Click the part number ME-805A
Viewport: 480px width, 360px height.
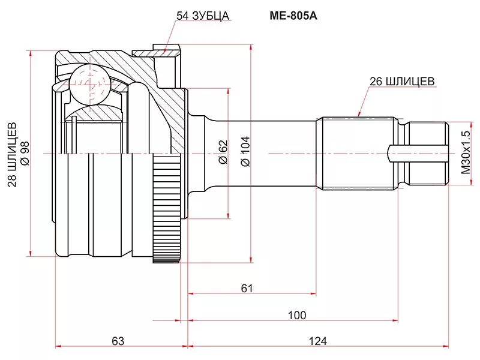289,16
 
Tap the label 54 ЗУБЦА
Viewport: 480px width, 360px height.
203,16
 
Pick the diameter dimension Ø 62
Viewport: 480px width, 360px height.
222,153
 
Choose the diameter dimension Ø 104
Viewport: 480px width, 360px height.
245,153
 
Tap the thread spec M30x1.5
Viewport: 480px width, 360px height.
466,154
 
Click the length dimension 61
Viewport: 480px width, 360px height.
247,288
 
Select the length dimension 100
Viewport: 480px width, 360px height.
296,315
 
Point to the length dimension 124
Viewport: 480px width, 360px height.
318,341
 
